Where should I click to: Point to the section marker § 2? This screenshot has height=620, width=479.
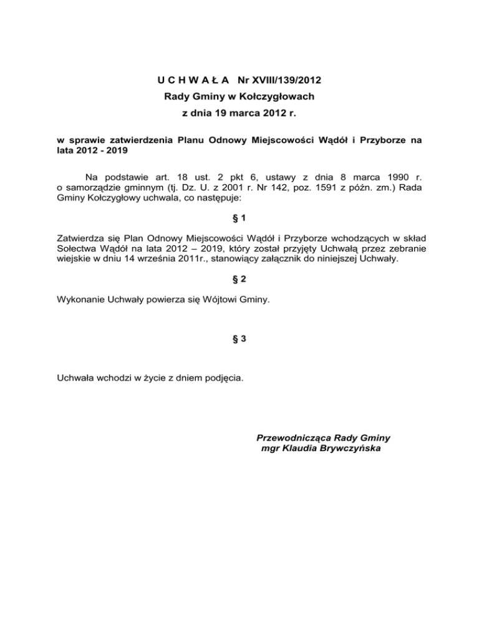click(x=239, y=281)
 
